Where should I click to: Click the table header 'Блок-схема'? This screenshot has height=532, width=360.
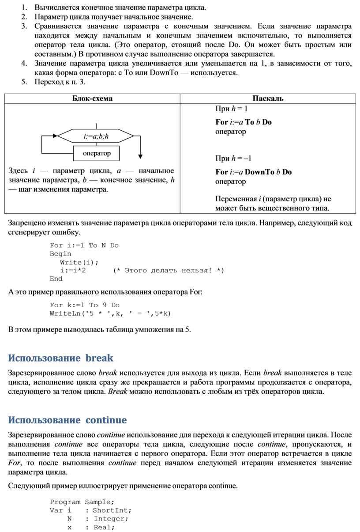point(92,98)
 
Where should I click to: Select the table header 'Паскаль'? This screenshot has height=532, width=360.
point(268,98)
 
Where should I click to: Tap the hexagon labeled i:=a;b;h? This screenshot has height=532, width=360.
point(96,136)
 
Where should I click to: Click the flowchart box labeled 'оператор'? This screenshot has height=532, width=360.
point(97,153)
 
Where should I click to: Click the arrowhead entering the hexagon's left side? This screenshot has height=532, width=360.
point(55,136)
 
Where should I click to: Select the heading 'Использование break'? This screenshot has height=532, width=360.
point(61,358)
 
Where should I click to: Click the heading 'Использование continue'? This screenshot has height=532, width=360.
point(67,420)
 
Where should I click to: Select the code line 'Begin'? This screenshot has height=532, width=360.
point(60,254)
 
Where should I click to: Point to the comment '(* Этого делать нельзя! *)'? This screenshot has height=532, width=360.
point(169,271)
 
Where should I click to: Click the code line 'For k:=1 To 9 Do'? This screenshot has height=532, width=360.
point(85,305)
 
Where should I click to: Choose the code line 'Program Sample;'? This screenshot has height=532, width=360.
point(82,502)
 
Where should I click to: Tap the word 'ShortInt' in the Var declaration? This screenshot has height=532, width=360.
point(112,510)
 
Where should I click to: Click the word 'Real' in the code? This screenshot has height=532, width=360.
point(104,527)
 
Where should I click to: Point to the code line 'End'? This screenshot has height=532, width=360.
point(56,279)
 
